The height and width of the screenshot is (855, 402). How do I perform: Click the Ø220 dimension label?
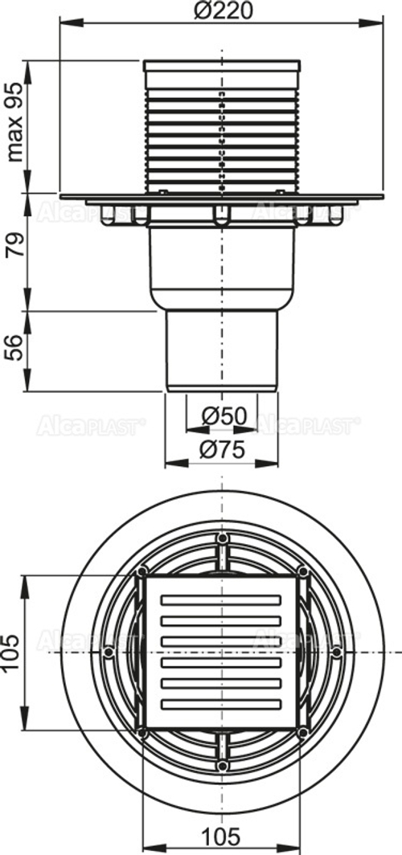(220, 11)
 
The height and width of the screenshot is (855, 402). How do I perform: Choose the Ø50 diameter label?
(223, 415)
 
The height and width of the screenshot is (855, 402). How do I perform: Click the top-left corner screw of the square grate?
(142, 571)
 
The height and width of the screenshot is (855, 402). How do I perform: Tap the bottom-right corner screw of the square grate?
(302, 732)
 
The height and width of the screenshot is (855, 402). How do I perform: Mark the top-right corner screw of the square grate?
(302, 571)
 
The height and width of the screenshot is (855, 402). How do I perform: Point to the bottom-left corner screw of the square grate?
(142, 732)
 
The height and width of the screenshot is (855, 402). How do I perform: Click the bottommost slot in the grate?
(222, 704)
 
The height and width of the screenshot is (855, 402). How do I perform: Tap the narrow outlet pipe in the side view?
(221, 350)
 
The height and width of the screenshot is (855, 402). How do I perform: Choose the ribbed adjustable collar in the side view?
(221, 129)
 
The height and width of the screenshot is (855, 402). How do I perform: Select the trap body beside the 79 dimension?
(221, 265)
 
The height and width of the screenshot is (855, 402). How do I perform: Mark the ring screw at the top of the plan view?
(222, 538)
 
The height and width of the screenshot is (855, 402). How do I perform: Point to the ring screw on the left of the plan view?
(108, 652)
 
